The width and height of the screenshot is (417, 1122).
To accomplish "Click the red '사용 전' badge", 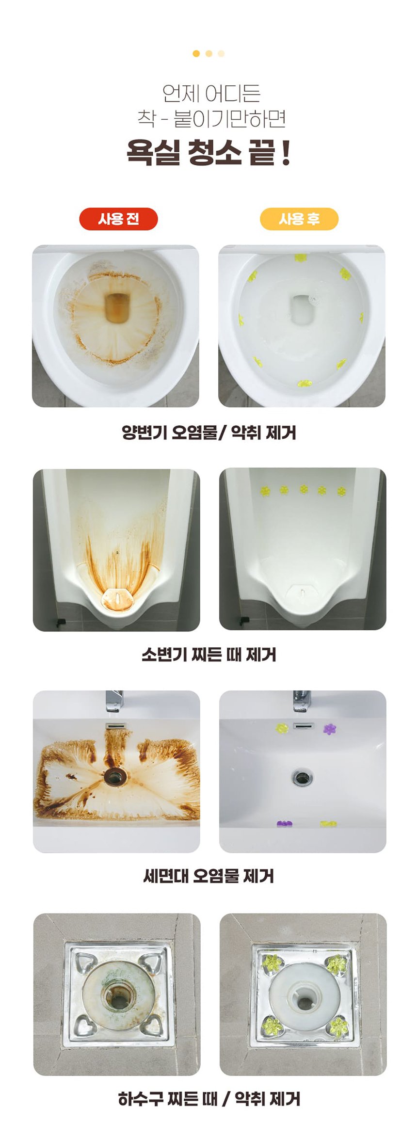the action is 118,219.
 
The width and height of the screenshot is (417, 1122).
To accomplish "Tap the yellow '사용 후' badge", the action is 299,219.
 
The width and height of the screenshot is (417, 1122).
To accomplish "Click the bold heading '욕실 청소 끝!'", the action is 209,152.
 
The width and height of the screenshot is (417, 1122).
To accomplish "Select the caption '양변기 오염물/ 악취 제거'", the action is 209,432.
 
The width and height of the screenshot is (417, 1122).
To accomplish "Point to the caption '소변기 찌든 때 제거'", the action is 209,655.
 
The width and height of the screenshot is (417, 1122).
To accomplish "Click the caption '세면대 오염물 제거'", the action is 209,876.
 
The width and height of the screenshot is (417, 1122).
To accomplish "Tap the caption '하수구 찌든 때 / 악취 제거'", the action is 209,1098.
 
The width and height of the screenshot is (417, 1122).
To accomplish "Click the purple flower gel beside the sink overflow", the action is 330,729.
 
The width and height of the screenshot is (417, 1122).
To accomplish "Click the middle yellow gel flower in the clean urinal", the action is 304,490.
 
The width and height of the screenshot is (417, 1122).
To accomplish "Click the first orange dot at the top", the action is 196,54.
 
